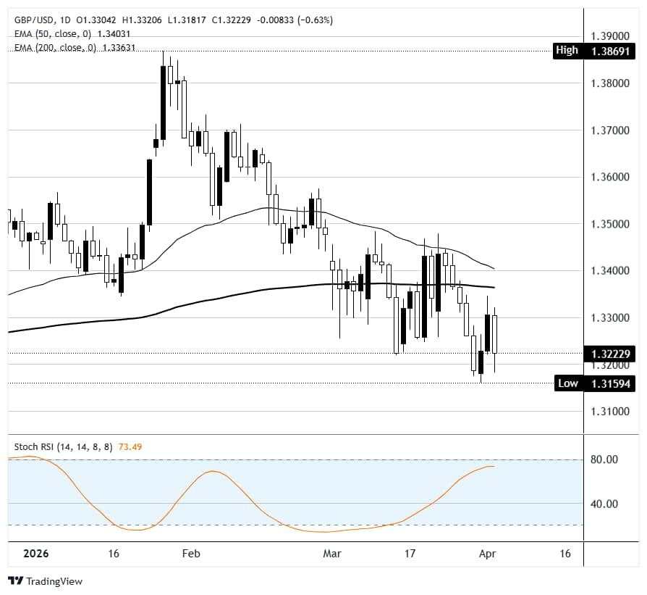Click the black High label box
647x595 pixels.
pyautogui.click(x=567, y=51)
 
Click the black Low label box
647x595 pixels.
pyautogui.click(x=567, y=383)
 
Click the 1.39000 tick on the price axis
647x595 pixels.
pyautogui.click(x=609, y=36)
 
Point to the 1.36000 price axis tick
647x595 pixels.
pyautogui.click(x=609, y=177)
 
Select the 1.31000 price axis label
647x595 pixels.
pyautogui.click(x=609, y=412)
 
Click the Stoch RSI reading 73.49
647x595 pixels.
pyautogui.click(x=130, y=446)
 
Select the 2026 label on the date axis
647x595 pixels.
pyautogui.click(x=35, y=554)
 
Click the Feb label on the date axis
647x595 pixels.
pyautogui.click(x=190, y=554)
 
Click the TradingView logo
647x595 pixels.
pyautogui.click(x=46, y=581)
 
